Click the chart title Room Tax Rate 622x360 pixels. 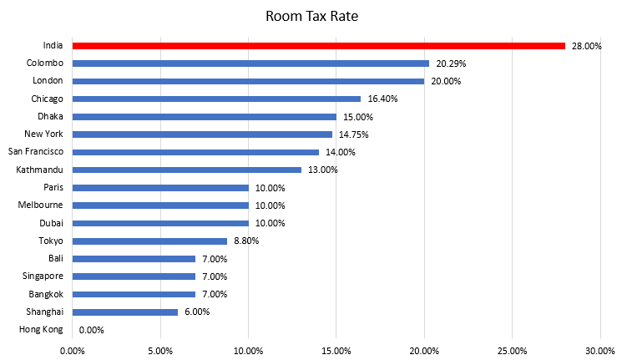[310, 16]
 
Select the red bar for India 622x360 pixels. [318, 45]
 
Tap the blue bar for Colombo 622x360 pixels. [250, 63]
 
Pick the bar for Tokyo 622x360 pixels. [149, 241]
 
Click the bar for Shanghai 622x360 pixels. [125, 312]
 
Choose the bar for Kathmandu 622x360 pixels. [186, 170]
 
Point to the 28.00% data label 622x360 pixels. [587, 46]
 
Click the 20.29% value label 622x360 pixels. [451, 63]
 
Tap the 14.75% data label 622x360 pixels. [353, 134]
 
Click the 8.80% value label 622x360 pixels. [246, 241]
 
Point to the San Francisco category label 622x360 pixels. [35, 151]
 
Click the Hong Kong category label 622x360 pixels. [41, 329]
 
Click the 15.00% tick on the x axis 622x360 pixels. [336, 350]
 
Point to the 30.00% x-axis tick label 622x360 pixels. [599, 350]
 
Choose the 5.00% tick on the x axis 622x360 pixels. [160, 350]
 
